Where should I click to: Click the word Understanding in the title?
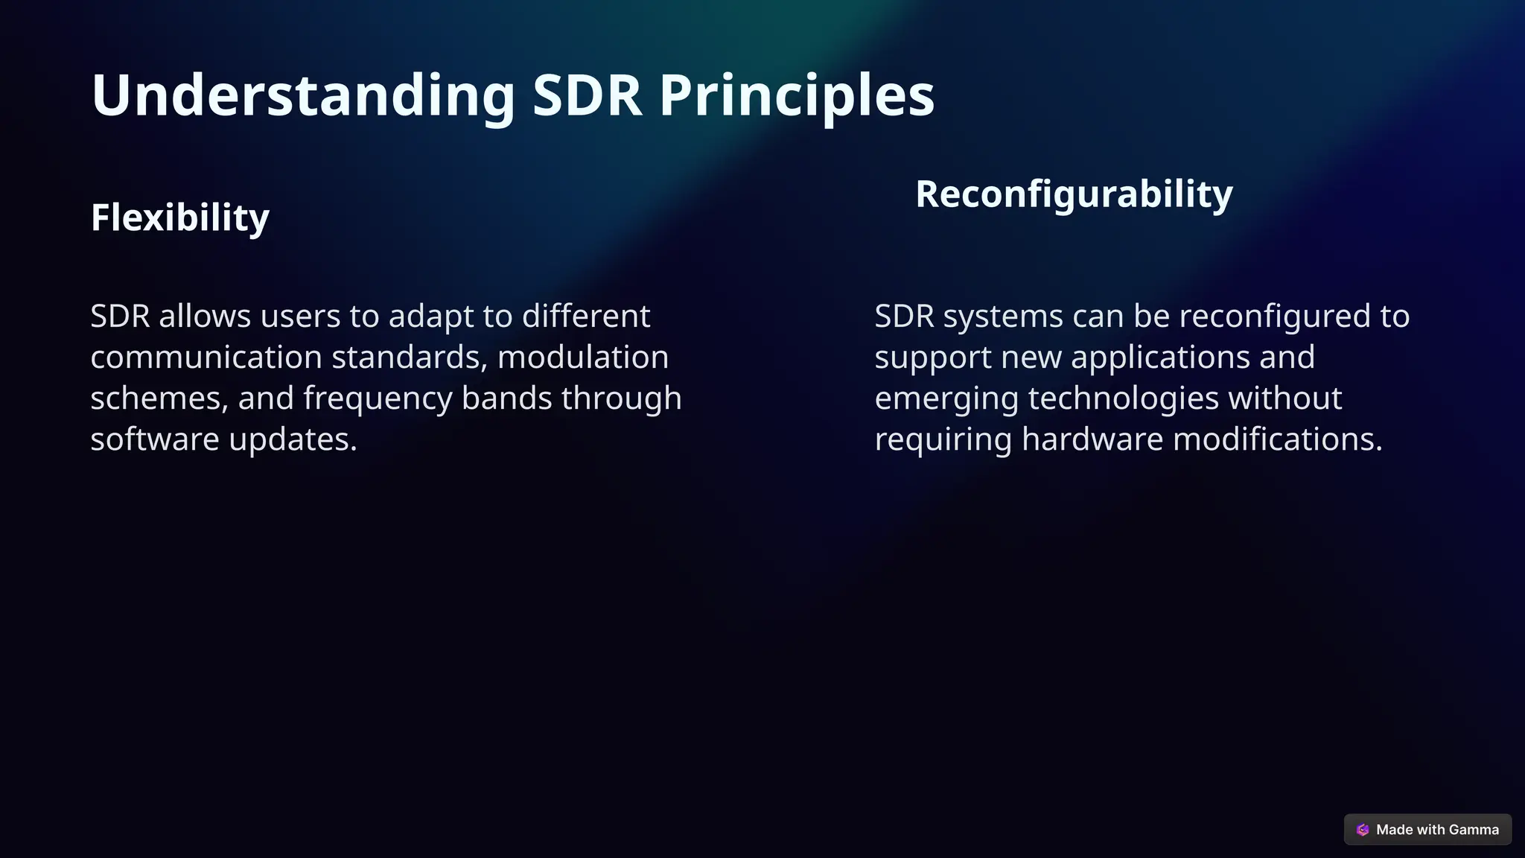click(x=302, y=95)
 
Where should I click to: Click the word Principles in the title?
click(x=796, y=95)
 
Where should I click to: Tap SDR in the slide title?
click(x=587, y=95)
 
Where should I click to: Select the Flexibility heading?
click(x=179, y=217)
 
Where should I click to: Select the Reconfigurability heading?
click(x=1074, y=194)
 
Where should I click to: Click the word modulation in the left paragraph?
click(x=582, y=357)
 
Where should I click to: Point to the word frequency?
click(x=378, y=398)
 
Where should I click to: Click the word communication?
click(x=206, y=357)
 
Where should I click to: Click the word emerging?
click(x=946, y=398)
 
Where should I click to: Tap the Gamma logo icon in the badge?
click(x=1363, y=830)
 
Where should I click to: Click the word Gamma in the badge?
click(x=1474, y=830)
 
